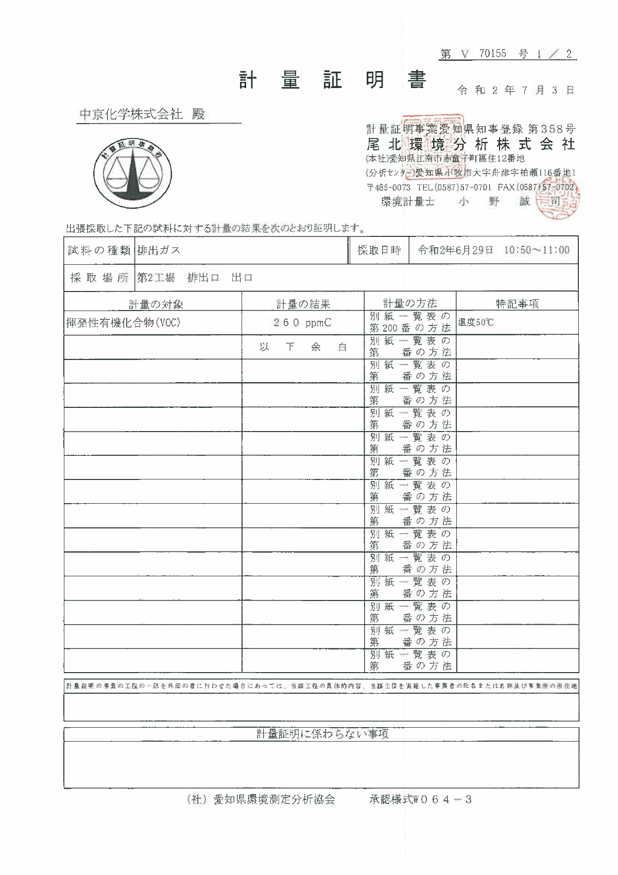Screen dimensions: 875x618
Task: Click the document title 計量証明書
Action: [333, 80]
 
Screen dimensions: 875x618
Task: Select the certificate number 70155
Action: [492, 54]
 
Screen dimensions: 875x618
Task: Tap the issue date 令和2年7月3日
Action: [515, 91]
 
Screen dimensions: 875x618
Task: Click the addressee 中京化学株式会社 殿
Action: [142, 114]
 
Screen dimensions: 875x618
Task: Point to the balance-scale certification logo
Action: [133, 173]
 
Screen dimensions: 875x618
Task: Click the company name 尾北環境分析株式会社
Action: [471, 144]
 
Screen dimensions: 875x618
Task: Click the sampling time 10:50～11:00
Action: [537, 250]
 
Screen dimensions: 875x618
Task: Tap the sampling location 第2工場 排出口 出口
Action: [195, 278]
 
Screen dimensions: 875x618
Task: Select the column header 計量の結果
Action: [303, 304]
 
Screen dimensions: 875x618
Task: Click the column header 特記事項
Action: [517, 304]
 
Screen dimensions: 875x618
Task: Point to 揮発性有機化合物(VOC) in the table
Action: [123, 323]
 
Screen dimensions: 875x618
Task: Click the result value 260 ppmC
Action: [302, 323]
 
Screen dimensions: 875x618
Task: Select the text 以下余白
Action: [303, 347]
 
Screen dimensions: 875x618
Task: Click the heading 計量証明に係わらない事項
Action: [322, 734]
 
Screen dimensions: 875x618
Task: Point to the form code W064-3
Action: [442, 800]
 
